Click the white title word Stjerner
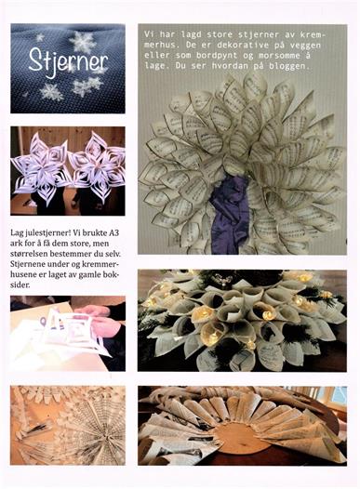pyautogui.click(x=68, y=62)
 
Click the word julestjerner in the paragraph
pyautogui.click(x=45, y=233)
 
